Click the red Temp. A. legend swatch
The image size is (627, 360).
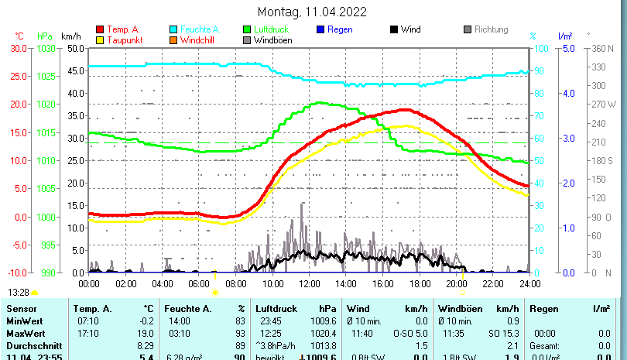(100, 30)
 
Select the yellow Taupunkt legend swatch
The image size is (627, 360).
(100, 40)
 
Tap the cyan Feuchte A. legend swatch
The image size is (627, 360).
(173, 30)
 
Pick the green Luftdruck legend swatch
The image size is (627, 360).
(247, 30)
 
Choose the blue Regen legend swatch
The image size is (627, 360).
(320, 30)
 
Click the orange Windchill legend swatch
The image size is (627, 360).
(173, 40)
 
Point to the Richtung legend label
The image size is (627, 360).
(491, 30)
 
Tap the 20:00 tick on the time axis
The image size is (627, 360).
(456, 283)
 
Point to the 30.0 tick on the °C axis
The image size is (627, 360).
(19, 48)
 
